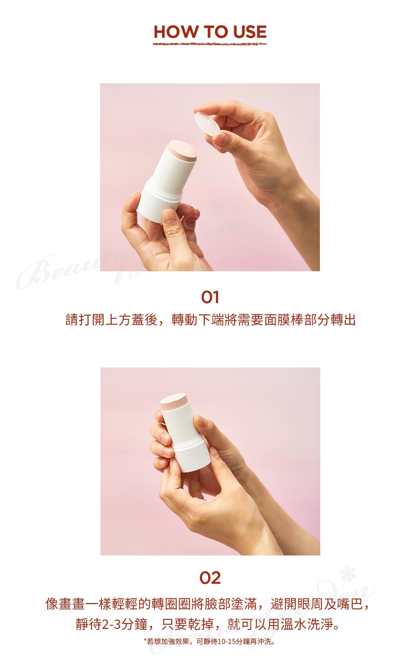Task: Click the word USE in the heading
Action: click(x=250, y=32)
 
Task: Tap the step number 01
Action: click(x=210, y=297)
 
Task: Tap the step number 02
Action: click(x=210, y=578)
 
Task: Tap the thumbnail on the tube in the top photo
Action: click(x=169, y=216)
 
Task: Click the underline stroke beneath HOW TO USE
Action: click(x=210, y=44)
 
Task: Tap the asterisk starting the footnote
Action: click(x=145, y=640)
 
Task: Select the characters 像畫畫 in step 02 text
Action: click(x=65, y=604)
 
